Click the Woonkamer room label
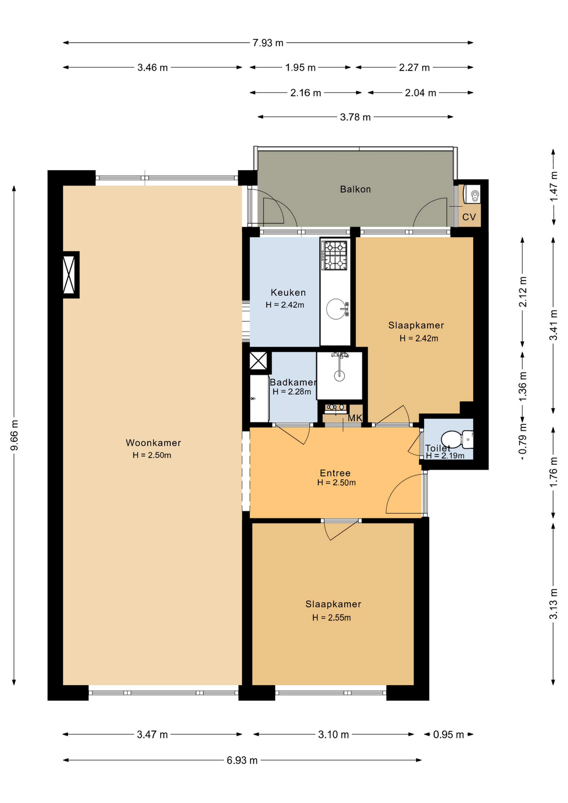(153, 443)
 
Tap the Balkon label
(355, 189)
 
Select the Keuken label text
(288, 292)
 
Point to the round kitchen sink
(335, 309)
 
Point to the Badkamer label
(293, 382)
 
